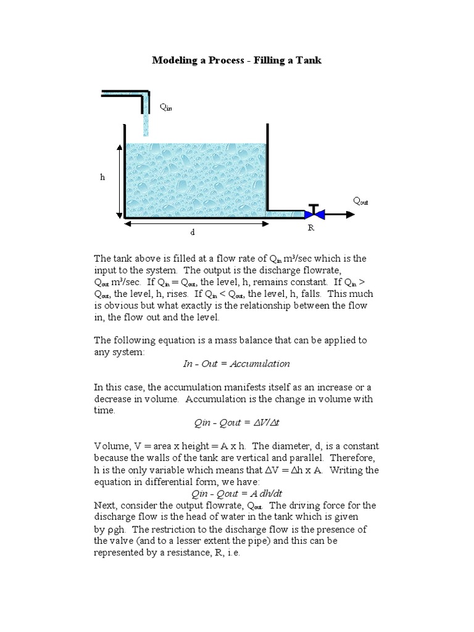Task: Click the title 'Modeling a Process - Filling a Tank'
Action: (237, 60)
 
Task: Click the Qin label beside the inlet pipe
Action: (166, 107)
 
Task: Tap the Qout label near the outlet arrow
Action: (360, 201)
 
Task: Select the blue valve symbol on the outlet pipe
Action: (314, 214)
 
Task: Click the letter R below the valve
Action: (311, 228)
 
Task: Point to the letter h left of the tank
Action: (103, 177)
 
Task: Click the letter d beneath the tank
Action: (193, 233)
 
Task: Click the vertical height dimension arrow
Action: (118, 180)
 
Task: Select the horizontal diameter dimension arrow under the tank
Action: (196, 223)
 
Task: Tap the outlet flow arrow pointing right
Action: (340, 214)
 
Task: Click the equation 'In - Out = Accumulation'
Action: (236, 364)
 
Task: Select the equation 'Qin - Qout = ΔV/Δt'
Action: (237, 423)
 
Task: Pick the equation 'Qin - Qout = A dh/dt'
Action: (237, 494)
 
